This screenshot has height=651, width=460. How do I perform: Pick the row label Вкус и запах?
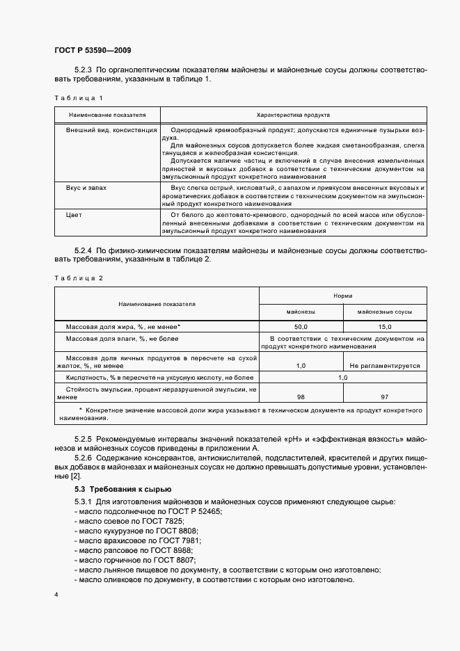coord(86,188)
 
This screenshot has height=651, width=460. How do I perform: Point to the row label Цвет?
coord(74,215)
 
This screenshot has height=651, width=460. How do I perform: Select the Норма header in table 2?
coord(342,295)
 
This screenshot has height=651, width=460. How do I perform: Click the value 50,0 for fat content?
coord(301,326)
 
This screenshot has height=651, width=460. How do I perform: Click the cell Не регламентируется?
coord(384,364)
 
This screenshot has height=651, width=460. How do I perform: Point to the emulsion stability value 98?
coord(301,396)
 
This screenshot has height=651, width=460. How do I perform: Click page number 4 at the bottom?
coord(56,595)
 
